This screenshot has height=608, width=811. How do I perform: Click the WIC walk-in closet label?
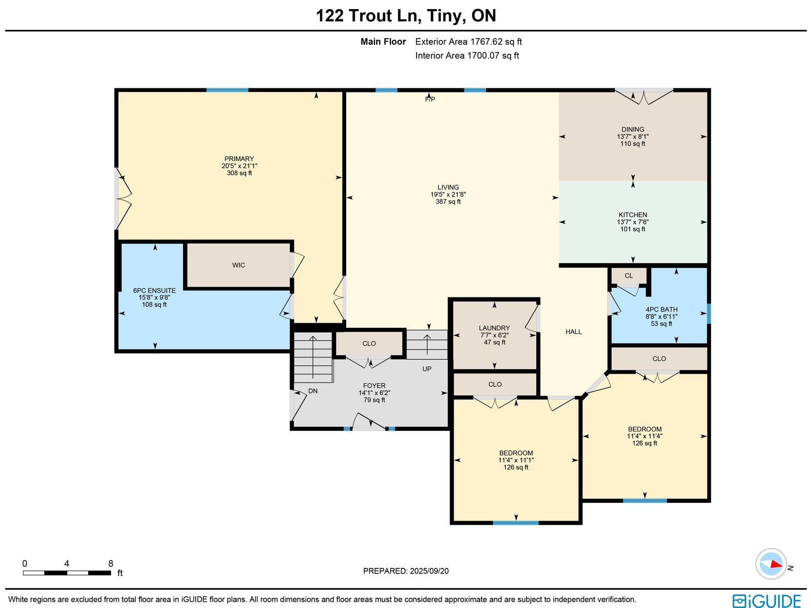pos(238,265)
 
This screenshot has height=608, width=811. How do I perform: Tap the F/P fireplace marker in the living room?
pos(430,99)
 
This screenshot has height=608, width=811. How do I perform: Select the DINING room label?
pos(633,129)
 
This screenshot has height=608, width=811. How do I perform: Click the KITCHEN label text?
pos(633,215)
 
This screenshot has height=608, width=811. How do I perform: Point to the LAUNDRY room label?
pos(494,328)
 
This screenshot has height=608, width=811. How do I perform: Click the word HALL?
pos(573,332)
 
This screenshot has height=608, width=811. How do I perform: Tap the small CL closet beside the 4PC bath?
pos(629,276)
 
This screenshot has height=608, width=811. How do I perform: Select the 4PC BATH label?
pos(661,310)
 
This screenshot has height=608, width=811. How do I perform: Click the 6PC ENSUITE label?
pos(154,291)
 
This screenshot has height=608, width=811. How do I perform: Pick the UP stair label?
pos(427,369)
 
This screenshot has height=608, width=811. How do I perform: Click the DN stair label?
pos(313,391)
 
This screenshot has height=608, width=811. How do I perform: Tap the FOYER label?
pos(374,386)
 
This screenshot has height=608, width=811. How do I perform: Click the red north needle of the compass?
pos(776,565)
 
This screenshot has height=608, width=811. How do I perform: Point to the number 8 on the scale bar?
pos(110,563)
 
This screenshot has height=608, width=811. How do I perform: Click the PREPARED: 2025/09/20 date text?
pos(405,571)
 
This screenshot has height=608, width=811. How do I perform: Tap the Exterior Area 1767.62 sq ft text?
pos(468,42)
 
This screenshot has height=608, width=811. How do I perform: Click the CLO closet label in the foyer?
pos(368,344)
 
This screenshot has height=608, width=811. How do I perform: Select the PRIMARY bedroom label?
pos(239,159)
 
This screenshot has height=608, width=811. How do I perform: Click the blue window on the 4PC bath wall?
pos(709,314)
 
